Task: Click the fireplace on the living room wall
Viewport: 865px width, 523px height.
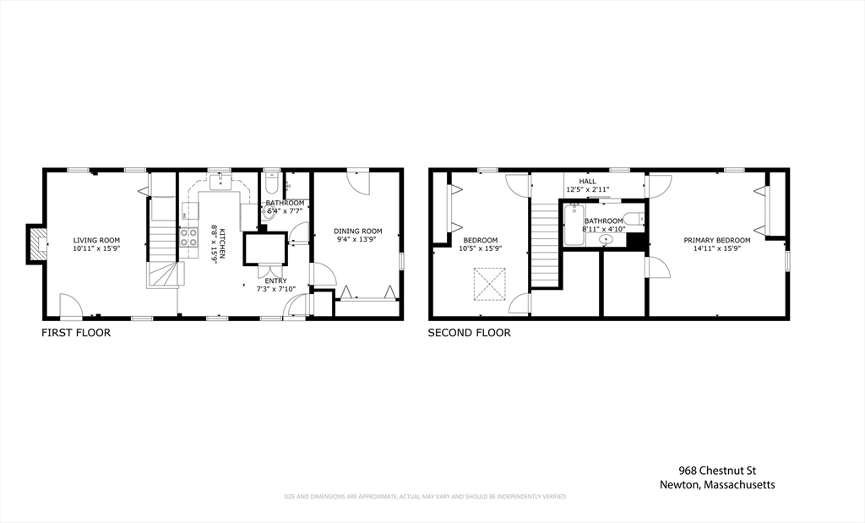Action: [x=36, y=244]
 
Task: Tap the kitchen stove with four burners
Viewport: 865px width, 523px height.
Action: [x=188, y=237]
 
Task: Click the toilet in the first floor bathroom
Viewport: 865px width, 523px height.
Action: [x=272, y=183]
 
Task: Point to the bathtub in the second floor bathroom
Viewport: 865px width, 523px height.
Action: [x=574, y=226]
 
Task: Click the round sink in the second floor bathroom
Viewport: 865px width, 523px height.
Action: [x=605, y=239]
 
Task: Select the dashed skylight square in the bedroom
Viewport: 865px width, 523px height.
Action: [x=489, y=284]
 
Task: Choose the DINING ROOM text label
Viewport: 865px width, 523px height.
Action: [x=357, y=232]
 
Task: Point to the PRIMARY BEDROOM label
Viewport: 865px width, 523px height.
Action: [x=716, y=240]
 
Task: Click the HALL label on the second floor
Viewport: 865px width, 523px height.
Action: [x=587, y=181]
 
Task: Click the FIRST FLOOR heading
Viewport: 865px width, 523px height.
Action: [x=76, y=333]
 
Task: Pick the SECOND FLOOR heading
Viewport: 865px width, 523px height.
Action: [x=469, y=333]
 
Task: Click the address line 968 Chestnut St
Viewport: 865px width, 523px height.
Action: [x=717, y=471]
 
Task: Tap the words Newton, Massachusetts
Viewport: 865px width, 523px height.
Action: [x=717, y=485]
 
